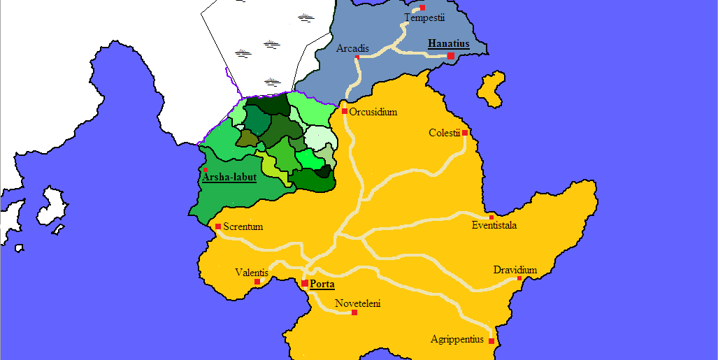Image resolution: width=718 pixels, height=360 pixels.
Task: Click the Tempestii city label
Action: click(x=424, y=18)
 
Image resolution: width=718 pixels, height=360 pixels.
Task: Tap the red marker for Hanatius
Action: click(x=451, y=56)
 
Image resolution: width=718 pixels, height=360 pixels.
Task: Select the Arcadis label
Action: click(x=352, y=49)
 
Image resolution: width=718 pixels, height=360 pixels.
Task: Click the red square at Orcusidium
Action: click(x=345, y=111)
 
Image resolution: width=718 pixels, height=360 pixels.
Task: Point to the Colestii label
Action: click(x=444, y=133)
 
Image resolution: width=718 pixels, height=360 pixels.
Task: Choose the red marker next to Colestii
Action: click(x=465, y=132)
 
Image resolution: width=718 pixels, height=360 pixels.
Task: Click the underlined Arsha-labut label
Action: click(x=229, y=178)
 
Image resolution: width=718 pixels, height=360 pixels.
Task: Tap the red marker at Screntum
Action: click(x=218, y=226)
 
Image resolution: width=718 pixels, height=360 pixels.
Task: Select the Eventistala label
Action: click(x=494, y=225)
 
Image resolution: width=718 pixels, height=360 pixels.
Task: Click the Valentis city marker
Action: click(x=257, y=282)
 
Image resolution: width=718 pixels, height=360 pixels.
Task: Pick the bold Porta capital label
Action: click(x=322, y=285)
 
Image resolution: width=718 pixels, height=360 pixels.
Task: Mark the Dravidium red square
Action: click(x=519, y=279)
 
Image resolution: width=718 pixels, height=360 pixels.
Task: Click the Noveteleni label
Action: click(x=357, y=303)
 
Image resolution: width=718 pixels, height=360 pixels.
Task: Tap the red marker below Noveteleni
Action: click(x=354, y=312)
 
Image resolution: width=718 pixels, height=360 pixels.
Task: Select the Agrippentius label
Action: click(x=457, y=340)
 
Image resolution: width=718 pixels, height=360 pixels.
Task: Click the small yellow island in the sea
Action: click(x=492, y=89)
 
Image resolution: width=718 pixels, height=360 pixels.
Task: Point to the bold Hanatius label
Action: click(x=448, y=44)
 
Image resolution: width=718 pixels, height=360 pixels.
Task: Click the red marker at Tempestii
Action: click(x=422, y=8)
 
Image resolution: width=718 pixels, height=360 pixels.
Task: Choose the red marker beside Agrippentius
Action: click(x=491, y=341)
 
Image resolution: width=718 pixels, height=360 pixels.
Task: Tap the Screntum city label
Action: click(x=243, y=226)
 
